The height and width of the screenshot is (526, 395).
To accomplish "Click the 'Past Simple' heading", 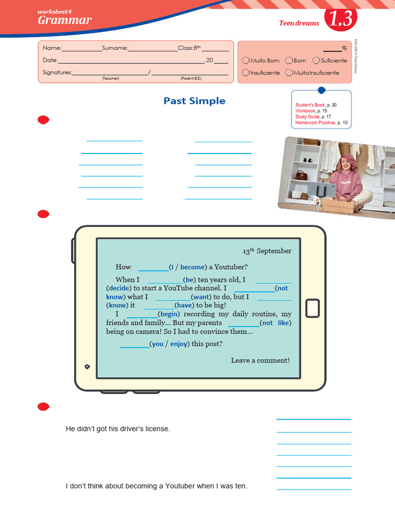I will coord(194,101).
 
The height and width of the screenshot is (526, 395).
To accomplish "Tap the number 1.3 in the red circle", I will coord(340,20).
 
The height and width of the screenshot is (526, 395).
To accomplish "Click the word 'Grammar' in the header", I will coord(65,21).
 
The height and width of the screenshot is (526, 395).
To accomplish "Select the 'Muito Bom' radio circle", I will coord(246,61).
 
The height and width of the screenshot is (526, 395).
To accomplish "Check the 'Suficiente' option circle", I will coord(316,61).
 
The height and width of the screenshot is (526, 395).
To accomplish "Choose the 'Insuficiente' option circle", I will coord(246,73).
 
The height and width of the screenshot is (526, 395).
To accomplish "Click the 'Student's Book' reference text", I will coord(310,105).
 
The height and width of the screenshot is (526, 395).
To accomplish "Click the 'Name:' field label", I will coord(52,48).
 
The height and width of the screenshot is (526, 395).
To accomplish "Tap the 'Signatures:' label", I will coord(57,72).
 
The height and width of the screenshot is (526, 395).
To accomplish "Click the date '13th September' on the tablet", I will coord(267,251).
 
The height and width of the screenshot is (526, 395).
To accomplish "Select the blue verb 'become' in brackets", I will coord(192,267).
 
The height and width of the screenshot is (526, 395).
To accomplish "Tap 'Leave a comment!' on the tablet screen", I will coord(260,361).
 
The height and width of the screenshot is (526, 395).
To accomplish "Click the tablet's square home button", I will coord(313,308).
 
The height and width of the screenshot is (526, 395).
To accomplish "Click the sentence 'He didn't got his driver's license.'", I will coord(118,428).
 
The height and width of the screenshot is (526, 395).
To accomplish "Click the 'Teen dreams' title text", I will coord(299,23).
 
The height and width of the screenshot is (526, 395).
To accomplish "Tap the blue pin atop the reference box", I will coord(321,90).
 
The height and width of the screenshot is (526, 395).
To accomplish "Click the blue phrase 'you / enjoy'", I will coord(169,344).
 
